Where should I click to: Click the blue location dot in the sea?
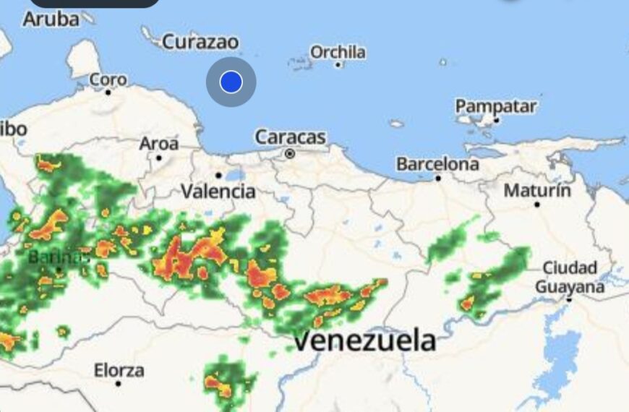(231, 82)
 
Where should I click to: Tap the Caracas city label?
(291, 137)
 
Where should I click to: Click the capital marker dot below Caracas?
(290, 153)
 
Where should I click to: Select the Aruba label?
(51, 20)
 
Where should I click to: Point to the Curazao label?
(200, 42)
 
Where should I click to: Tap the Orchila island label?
(338, 52)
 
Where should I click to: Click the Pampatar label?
(496, 106)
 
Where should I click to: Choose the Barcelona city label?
(437, 164)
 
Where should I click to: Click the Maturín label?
(537, 191)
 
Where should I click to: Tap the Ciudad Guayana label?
(570, 277)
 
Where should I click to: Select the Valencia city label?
(218, 191)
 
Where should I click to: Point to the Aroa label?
(158, 144)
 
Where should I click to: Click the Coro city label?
(108, 80)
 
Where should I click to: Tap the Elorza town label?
(119, 370)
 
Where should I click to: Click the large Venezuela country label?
(365, 340)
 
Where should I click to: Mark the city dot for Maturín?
(537, 205)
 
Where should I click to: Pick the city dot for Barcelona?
(437, 178)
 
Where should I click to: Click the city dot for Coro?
(108, 92)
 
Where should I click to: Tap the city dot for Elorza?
(118, 384)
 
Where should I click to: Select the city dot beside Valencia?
(218, 175)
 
